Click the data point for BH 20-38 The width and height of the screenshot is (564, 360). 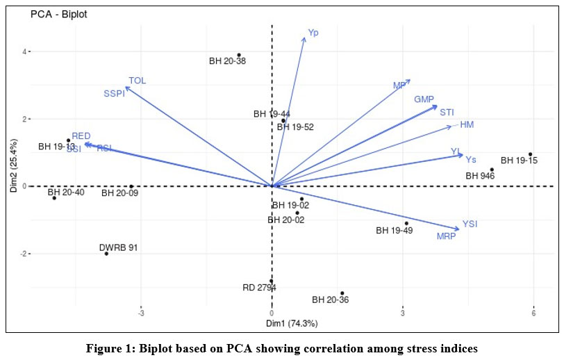tap(239, 55)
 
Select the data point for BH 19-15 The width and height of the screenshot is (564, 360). tap(530, 154)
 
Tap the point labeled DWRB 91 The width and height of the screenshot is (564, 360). tap(106, 254)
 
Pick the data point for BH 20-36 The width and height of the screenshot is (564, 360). tap(342, 293)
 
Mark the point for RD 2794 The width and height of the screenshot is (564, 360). tap(271, 281)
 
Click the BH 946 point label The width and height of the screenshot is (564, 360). tap(480, 177)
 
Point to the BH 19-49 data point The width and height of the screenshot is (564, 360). tap(406, 223)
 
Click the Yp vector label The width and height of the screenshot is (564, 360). tap(314, 32)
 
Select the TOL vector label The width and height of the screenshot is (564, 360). tap(137, 81)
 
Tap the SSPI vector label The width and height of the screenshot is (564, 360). tap(114, 94)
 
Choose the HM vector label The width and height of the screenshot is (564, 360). tap(467, 124)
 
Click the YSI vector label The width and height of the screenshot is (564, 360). tap(470, 224)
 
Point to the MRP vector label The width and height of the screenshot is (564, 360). tap(446, 237)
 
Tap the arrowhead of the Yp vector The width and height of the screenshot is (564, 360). tap(304, 38)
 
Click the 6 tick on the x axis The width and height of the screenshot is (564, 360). tap(533, 312)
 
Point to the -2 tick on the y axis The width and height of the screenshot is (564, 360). tap(22, 254)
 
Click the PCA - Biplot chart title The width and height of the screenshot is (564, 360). tap(58, 14)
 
